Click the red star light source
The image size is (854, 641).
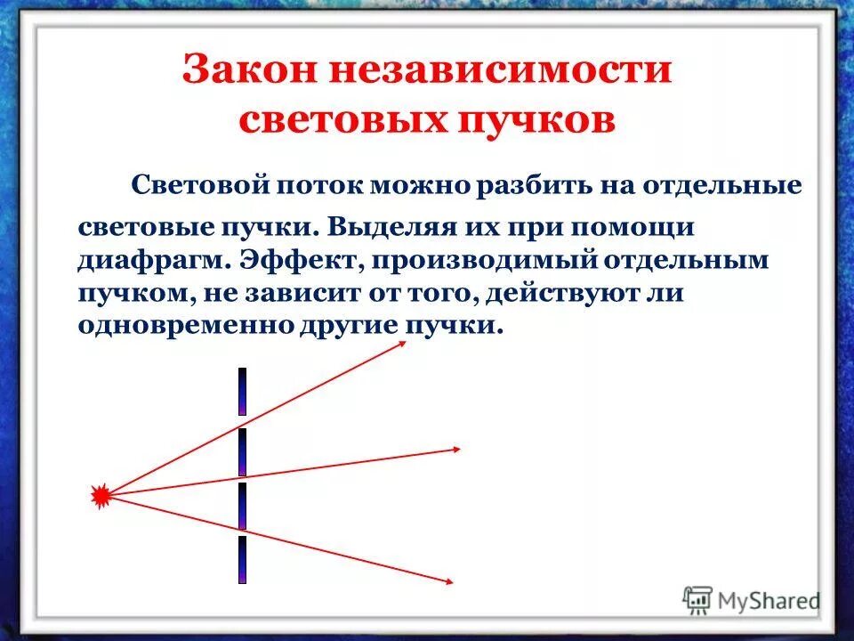point(102,495)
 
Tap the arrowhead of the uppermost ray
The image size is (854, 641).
point(401,345)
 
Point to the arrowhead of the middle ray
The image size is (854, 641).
point(454,448)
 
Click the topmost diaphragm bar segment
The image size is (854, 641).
point(241,391)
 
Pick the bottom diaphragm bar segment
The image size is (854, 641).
point(241,560)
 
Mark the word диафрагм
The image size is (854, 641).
point(143,262)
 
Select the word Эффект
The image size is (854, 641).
point(288,262)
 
